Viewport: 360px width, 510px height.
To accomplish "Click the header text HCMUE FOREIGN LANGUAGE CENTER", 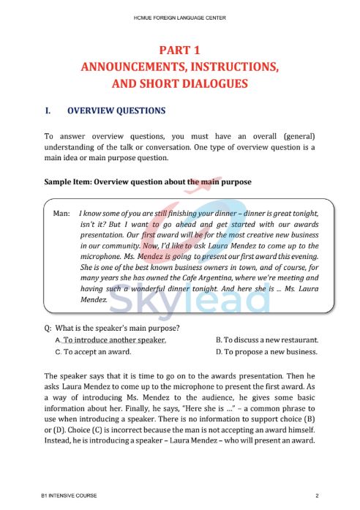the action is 179,15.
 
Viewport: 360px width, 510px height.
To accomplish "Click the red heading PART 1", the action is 179,50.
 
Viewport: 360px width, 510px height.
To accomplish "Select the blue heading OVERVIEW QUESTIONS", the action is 116,111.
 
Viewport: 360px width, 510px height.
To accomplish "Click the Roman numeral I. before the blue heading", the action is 48,111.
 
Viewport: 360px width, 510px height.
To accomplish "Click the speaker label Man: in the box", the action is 62,214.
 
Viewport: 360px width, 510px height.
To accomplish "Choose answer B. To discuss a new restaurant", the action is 267,340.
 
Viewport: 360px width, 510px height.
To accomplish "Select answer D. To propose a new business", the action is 267,352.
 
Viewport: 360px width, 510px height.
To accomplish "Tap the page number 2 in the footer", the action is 317,496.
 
